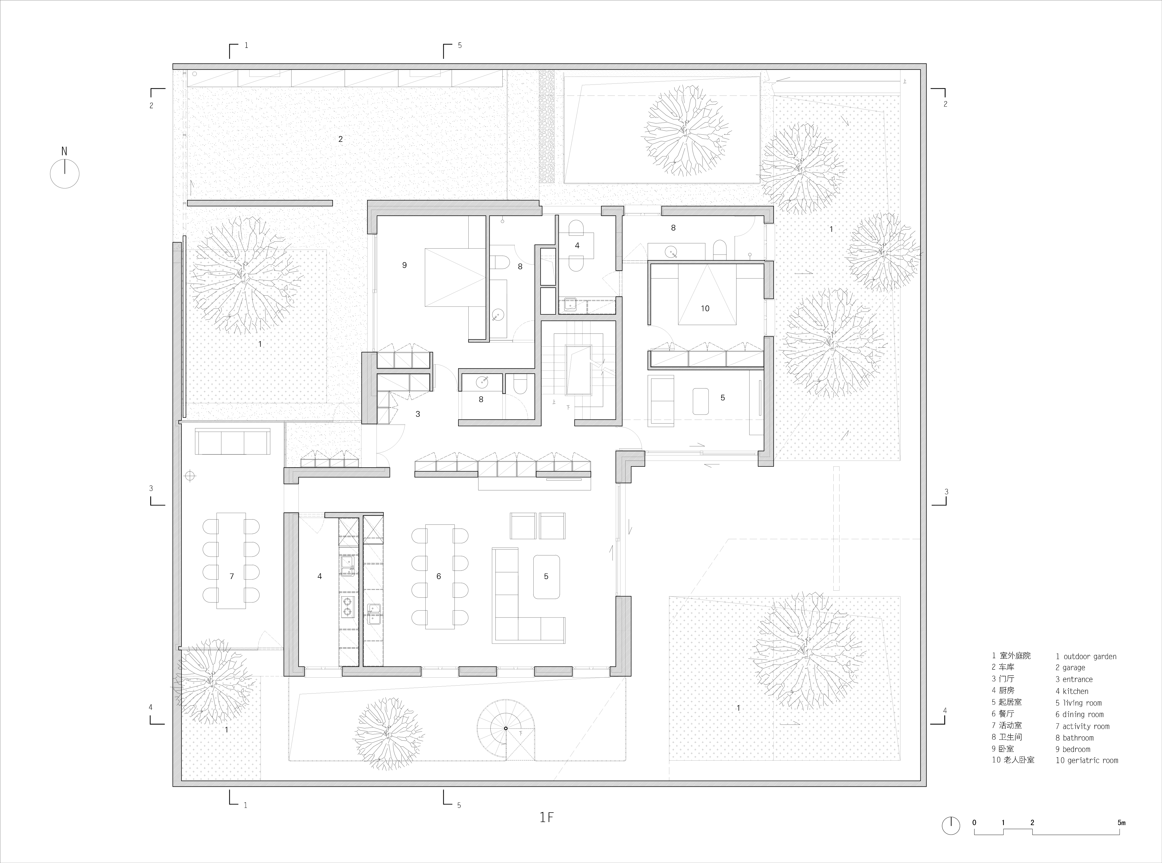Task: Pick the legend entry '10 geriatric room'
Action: pos(1087,761)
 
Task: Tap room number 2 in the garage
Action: pos(340,139)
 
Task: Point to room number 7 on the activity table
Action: pos(232,576)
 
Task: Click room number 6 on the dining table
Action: pos(439,576)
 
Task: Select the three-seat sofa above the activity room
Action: pos(232,442)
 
